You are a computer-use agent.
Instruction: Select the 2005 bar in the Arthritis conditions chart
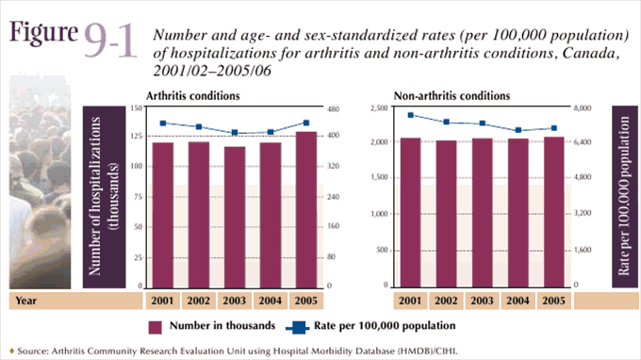306,208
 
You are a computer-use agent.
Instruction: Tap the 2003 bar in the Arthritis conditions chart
235,216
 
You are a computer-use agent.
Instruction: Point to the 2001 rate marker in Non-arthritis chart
411,115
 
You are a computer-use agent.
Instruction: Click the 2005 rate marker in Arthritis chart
306,123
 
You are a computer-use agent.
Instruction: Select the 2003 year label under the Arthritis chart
235,301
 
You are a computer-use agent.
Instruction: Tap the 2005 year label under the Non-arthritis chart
554,301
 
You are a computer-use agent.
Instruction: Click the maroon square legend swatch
156,326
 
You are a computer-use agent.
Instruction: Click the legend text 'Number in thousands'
222,326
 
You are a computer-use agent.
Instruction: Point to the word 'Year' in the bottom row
25,301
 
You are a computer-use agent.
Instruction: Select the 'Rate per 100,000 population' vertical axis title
623,198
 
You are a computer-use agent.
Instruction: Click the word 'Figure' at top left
42,31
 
